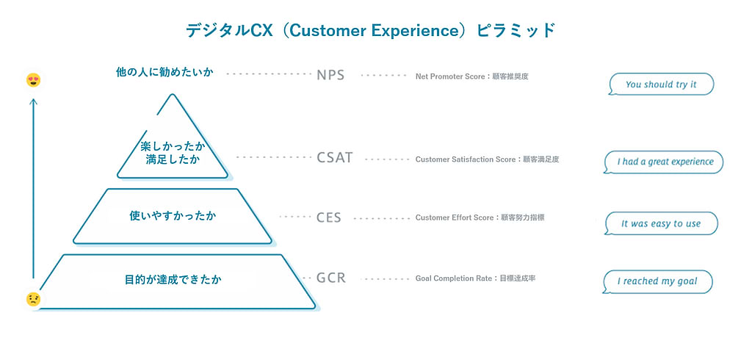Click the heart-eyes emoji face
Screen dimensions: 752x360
pyautogui.click(x=33, y=80)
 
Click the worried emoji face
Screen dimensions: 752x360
pyautogui.click(x=33, y=300)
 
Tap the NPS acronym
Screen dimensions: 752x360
pyautogui.click(x=330, y=76)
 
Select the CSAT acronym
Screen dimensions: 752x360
pyautogui.click(x=335, y=158)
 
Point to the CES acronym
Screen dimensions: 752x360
pyautogui.click(x=329, y=218)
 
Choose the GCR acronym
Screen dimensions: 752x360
pyautogui.click(x=331, y=278)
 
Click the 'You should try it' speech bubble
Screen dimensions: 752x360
pyautogui.click(x=661, y=84)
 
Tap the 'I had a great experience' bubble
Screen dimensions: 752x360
pyautogui.click(x=663, y=162)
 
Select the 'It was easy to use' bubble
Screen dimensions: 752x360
pyautogui.click(x=661, y=223)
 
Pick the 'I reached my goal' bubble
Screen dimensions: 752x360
pyautogui.click(x=657, y=281)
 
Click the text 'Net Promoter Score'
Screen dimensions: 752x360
pyautogui.click(x=450, y=76)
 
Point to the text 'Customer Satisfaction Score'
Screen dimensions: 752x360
pyautogui.click(x=465, y=159)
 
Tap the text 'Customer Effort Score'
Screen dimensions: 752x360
pyautogui.click(x=454, y=218)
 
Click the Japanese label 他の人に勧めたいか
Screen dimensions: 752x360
pyautogui.click(x=164, y=73)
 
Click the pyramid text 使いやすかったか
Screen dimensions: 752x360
pyautogui.click(x=173, y=216)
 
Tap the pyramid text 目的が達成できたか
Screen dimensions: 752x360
pyautogui.click(x=173, y=279)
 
